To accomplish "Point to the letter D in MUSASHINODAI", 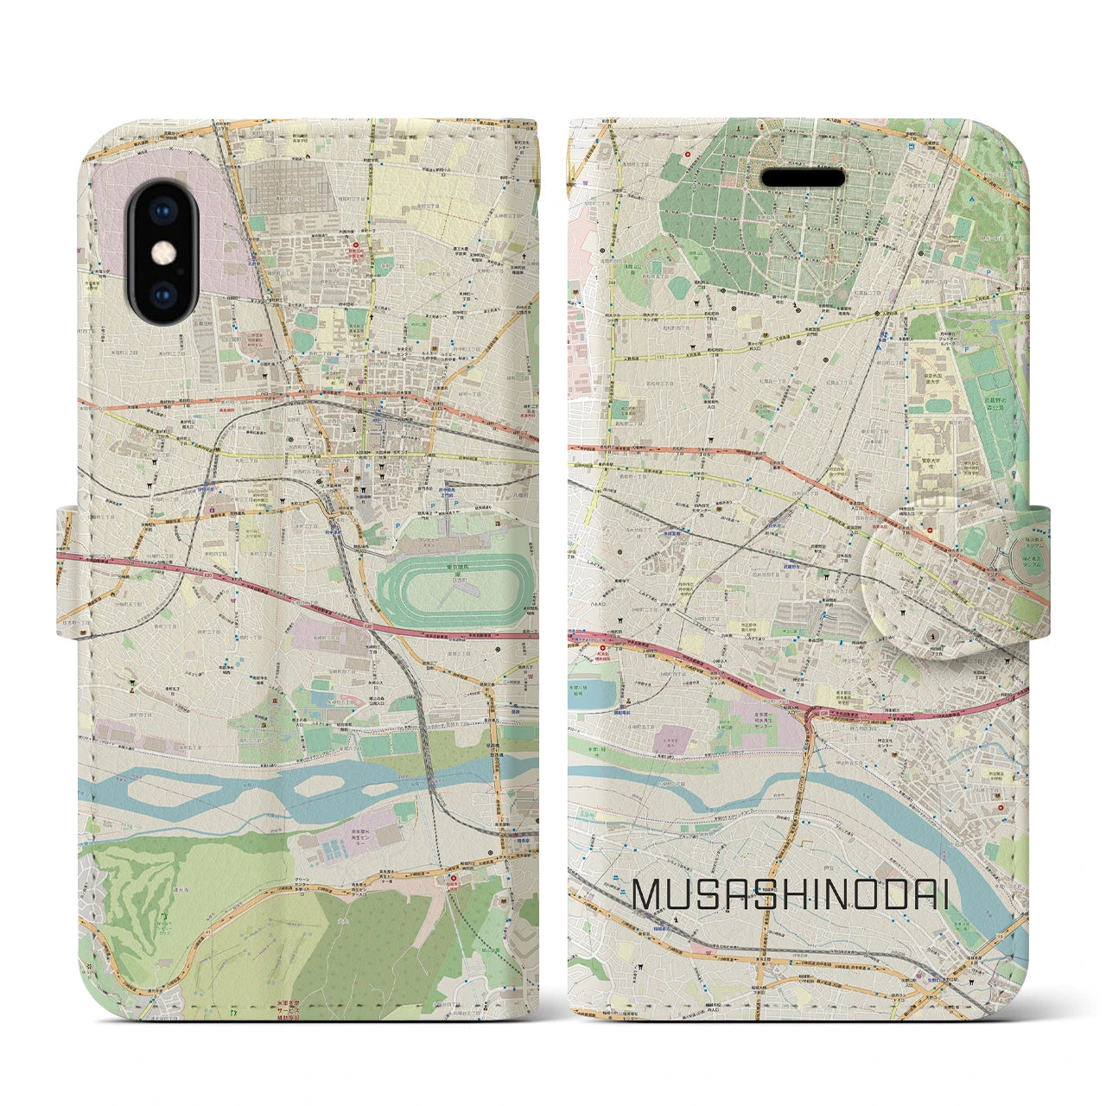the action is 882,896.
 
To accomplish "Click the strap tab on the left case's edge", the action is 69,570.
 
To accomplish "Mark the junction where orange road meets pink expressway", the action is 810,711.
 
